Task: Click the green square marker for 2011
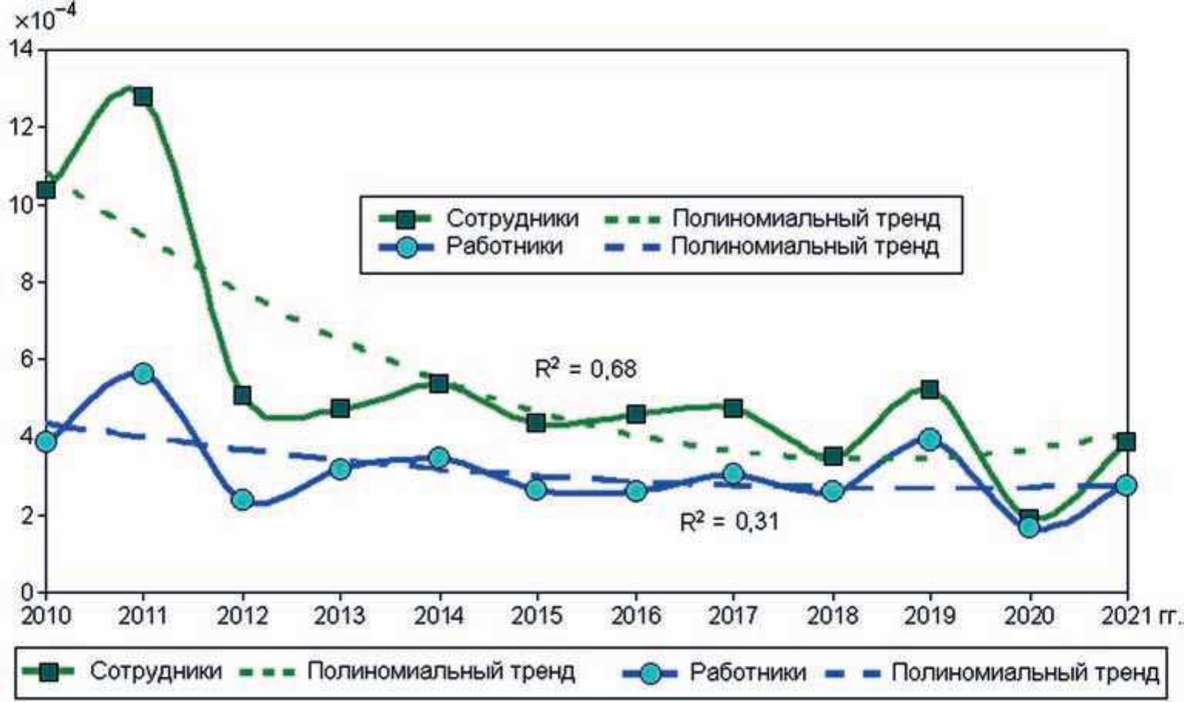tap(143, 97)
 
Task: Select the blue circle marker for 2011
tap(143, 374)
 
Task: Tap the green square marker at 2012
tap(243, 396)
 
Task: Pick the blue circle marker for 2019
tap(930, 440)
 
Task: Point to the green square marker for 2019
tap(930, 390)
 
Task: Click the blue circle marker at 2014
tap(439, 458)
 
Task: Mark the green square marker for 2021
tap(1126, 442)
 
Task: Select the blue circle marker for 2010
tap(46, 442)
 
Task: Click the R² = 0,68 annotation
tap(586, 369)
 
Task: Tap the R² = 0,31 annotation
tap(729, 522)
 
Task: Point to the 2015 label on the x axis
tap(536, 616)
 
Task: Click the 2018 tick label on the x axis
tap(832, 616)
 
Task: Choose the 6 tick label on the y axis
tap(28, 360)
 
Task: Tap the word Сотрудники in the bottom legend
tap(156, 671)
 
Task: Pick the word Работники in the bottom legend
tap(748, 672)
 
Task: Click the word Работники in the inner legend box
tap(504, 247)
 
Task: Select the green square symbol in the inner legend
tap(405, 219)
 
